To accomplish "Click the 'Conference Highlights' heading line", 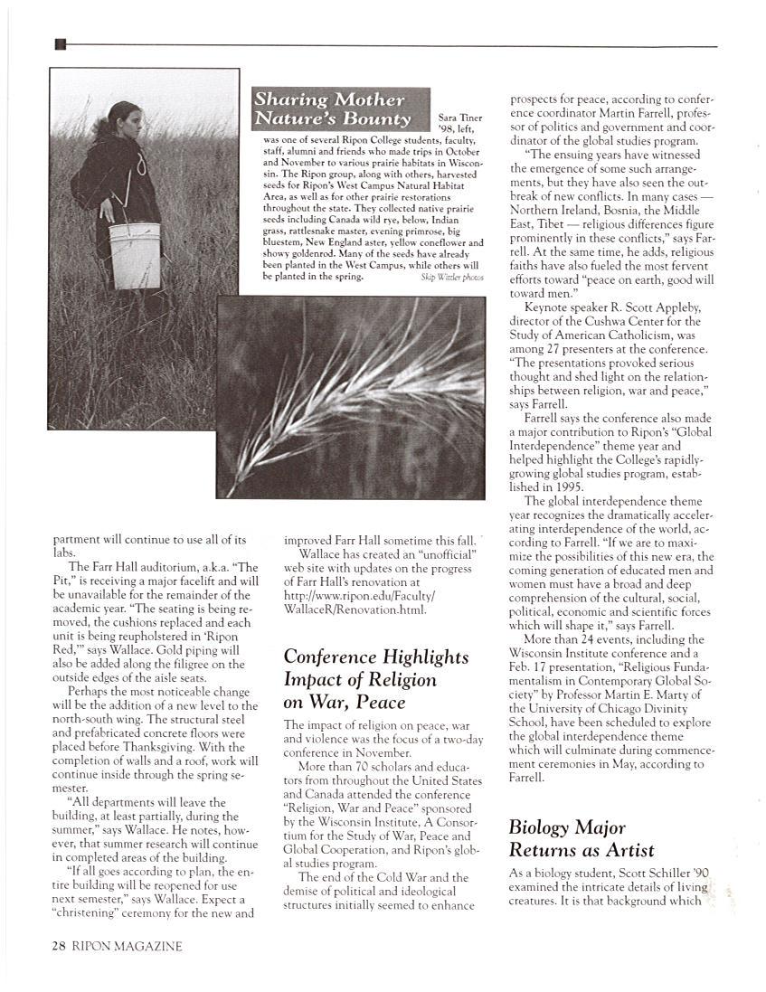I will click(376, 657).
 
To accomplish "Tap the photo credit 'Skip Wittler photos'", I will click(451, 278).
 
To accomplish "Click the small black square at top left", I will click(61, 44).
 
